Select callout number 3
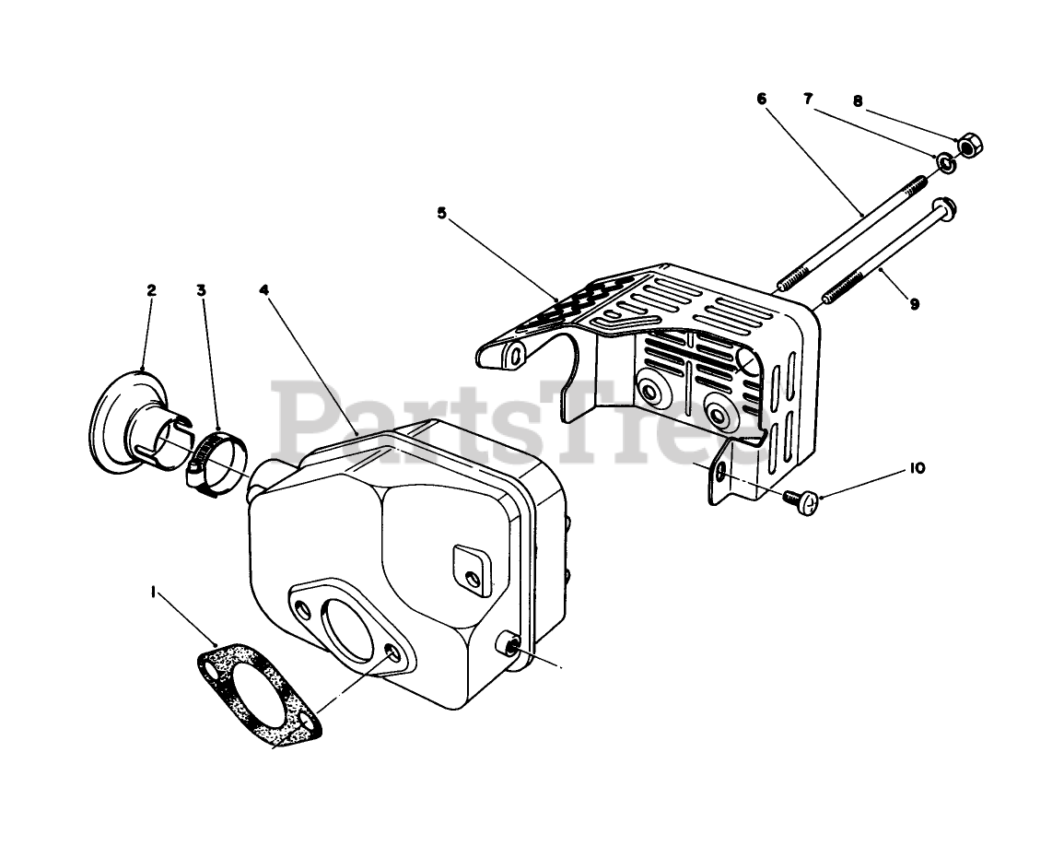[201, 289]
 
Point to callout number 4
[264, 289]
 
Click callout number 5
[442, 213]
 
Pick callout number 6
[762, 99]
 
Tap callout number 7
[809, 99]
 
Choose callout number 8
[859, 102]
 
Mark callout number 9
[914, 304]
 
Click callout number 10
[917, 468]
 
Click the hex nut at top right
[968, 145]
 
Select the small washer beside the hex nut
[945, 163]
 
